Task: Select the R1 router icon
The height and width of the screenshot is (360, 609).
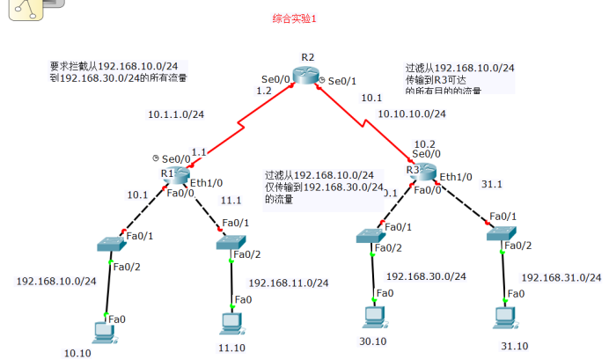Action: coord(180,173)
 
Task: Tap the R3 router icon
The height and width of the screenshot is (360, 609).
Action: coord(424,171)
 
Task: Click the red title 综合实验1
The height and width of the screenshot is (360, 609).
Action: coord(295,17)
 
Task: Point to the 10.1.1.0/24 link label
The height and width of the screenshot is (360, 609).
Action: coord(176,114)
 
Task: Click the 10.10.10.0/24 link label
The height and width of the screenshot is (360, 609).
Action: coord(412,114)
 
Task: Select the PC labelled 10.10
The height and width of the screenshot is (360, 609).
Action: coord(105,331)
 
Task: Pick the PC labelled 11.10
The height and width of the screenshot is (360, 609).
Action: coord(231,321)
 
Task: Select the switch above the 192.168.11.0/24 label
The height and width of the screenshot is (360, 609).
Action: coord(231,242)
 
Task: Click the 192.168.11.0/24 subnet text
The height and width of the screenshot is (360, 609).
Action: coord(289,283)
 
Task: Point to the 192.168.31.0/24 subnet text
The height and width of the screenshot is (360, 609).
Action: coord(561,277)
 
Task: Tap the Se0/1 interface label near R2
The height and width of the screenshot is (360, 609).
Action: coord(342,81)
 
